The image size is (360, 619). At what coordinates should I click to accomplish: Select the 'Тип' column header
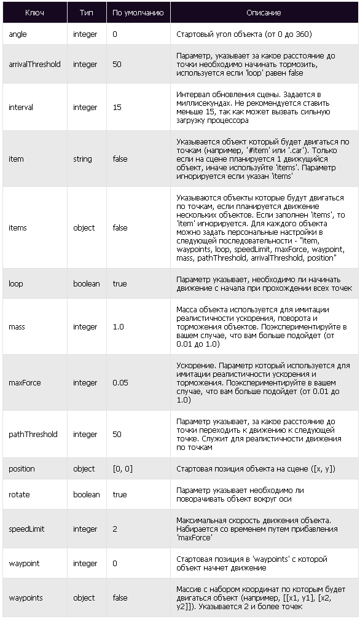click(87, 12)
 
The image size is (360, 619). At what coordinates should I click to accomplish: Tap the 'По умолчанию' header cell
click(138, 12)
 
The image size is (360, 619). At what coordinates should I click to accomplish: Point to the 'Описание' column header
click(264, 12)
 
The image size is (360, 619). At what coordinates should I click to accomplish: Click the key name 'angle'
click(18, 34)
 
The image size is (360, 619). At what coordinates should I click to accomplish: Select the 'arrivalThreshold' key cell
click(34, 64)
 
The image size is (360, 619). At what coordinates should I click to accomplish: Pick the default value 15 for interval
click(117, 108)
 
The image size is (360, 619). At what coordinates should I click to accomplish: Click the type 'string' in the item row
click(82, 159)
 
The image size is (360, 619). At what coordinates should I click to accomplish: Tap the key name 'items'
click(18, 228)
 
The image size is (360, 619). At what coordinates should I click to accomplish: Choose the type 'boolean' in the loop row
click(86, 284)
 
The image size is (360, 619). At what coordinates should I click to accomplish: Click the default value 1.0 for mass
click(118, 327)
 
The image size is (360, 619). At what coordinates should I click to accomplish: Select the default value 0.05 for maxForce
click(121, 383)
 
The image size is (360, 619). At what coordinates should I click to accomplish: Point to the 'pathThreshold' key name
click(33, 435)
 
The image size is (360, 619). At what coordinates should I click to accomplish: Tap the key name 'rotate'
click(19, 495)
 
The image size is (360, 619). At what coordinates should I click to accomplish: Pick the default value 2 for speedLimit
click(115, 529)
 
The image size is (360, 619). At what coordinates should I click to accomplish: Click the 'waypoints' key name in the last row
click(26, 598)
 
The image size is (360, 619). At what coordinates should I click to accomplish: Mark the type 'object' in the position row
click(84, 469)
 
